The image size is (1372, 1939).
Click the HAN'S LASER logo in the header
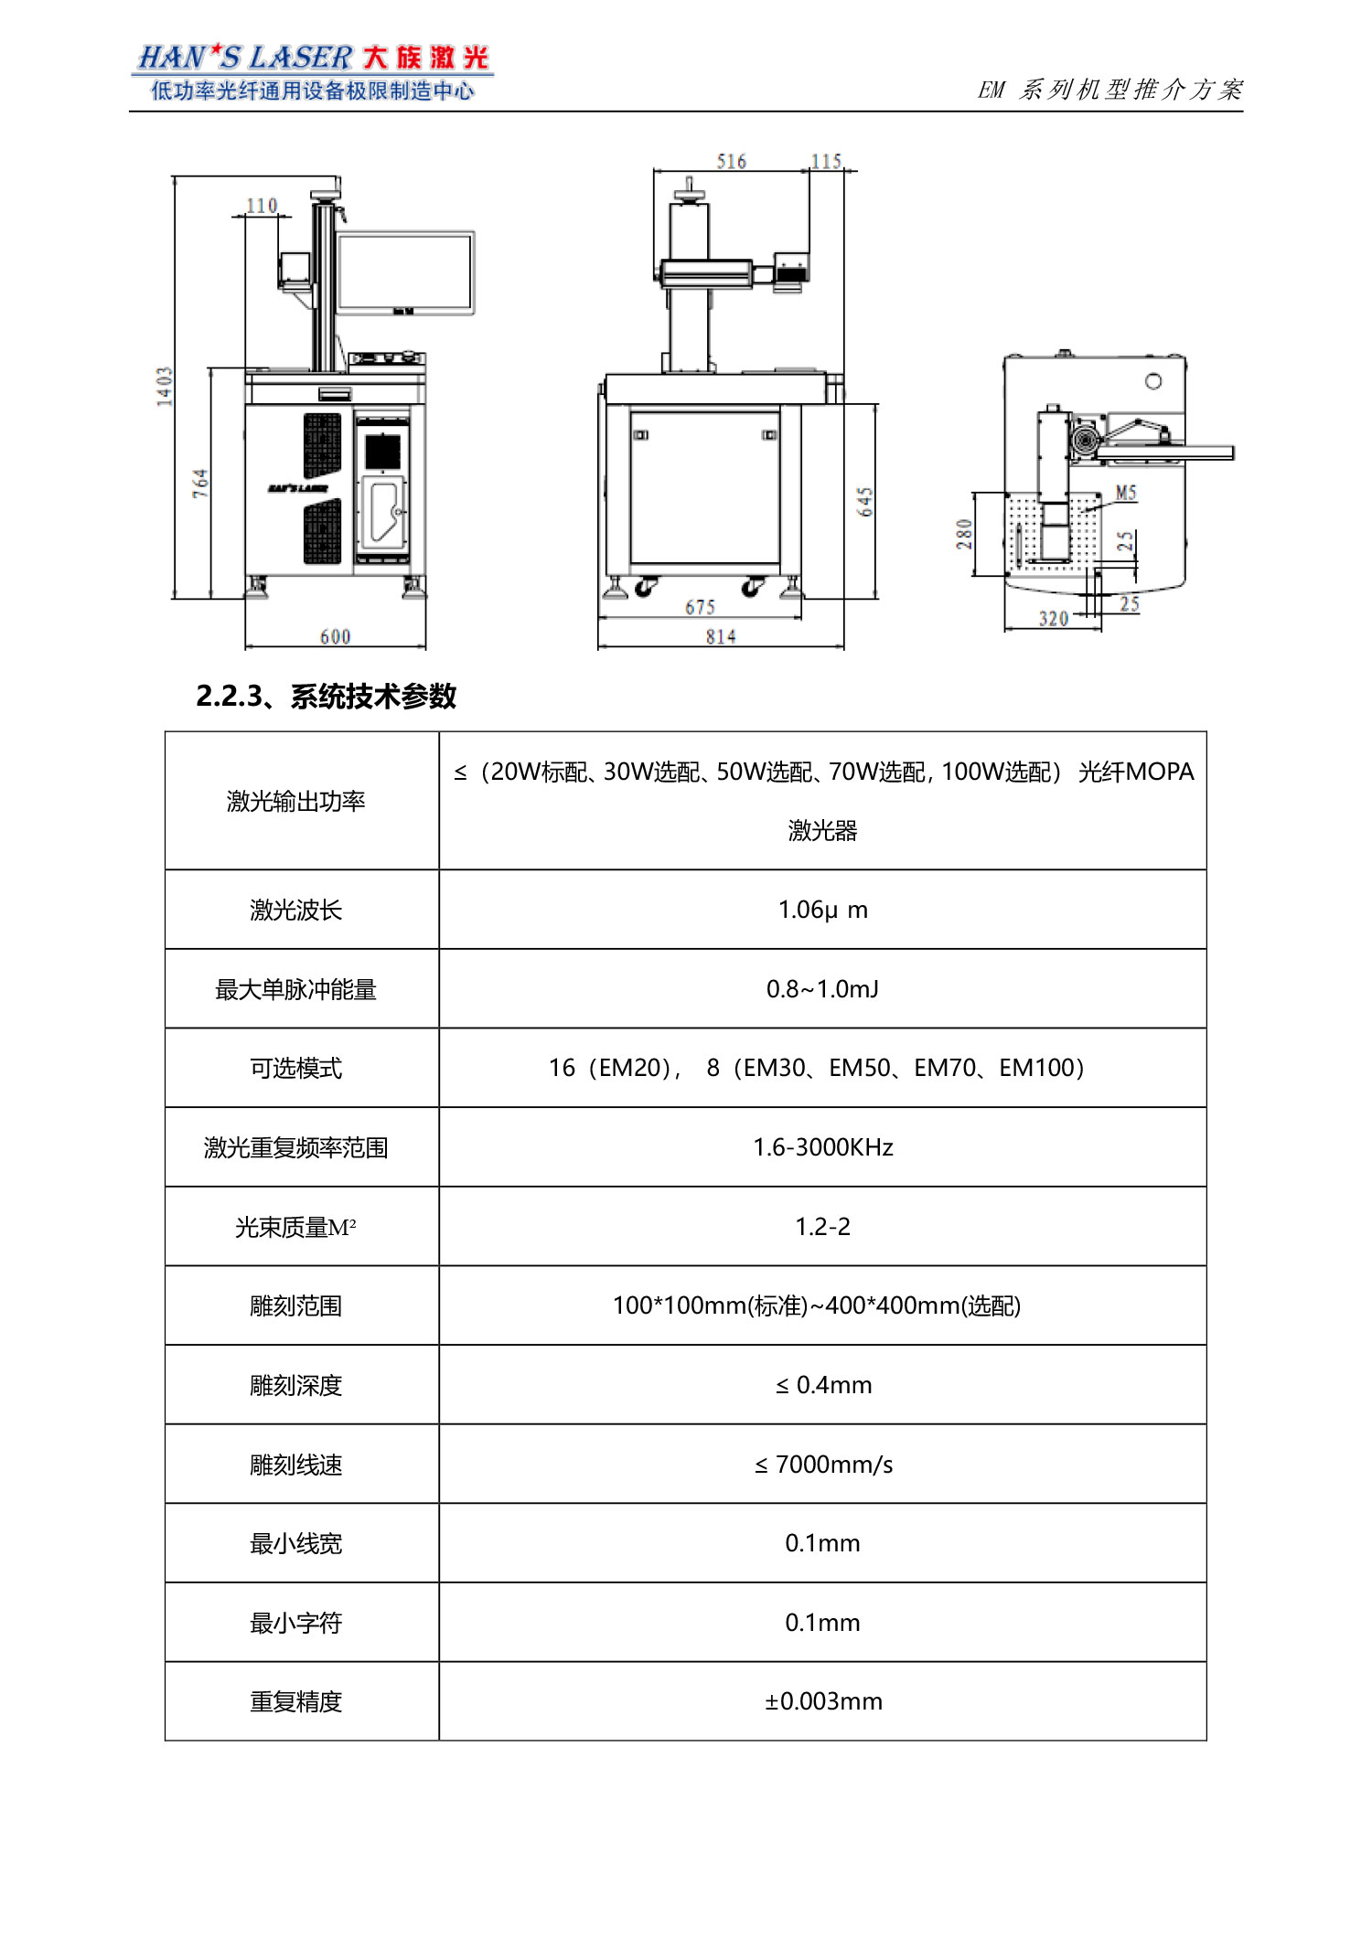pos(312,71)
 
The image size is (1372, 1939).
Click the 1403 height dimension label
pos(165,386)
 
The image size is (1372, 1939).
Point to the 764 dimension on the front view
pos(200,483)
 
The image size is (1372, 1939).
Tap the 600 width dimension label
pos(335,636)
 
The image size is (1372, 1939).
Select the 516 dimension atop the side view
pos(731,162)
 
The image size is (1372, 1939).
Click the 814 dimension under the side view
pos(721,636)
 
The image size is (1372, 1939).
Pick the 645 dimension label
pos(865,501)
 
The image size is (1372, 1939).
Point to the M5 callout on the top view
pos(1126,493)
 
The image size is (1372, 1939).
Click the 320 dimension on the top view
pos(1053,619)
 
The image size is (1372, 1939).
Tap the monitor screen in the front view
pos(405,272)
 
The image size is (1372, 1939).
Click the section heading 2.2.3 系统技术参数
pos(326,697)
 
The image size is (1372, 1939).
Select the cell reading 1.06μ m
pos(822,910)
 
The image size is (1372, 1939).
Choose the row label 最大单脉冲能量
pos(295,989)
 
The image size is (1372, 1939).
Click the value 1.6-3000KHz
pos(822,1147)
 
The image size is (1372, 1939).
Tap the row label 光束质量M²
pos(295,1227)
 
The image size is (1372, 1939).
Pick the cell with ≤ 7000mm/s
pos(822,1465)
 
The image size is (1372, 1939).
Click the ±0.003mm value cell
pos(822,1701)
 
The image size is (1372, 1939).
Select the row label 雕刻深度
pos(295,1385)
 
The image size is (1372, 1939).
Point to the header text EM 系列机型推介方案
pos(1110,90)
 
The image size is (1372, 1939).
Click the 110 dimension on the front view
pos(262,206)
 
